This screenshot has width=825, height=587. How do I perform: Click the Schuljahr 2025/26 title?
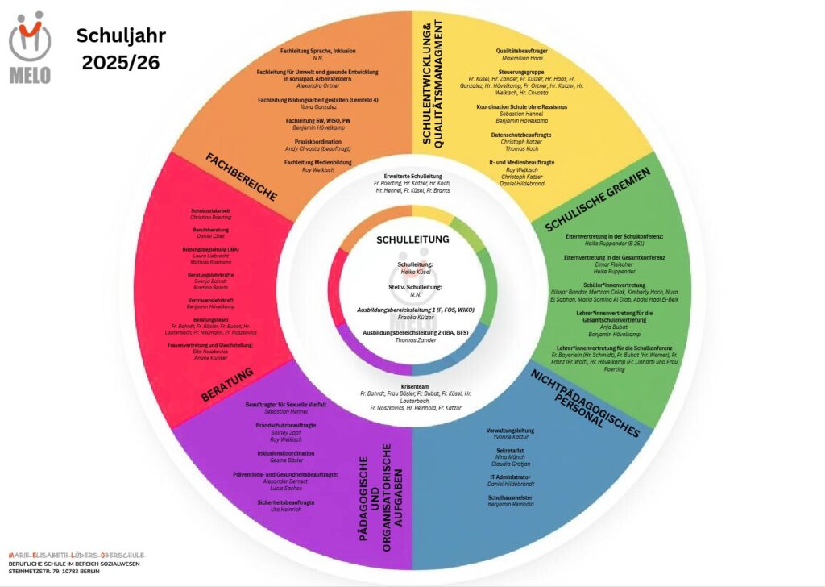click(120, 48)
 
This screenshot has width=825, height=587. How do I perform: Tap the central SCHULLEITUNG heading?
click(412, 239)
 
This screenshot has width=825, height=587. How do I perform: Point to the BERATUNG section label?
click(228, 385)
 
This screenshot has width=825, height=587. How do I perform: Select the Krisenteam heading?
click(412, 387)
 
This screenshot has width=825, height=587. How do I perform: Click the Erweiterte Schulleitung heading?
click(412, 176)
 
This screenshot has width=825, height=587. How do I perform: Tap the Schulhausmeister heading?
click(511, 497)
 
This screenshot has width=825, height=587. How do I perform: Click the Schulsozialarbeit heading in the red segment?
click(211, 210)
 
